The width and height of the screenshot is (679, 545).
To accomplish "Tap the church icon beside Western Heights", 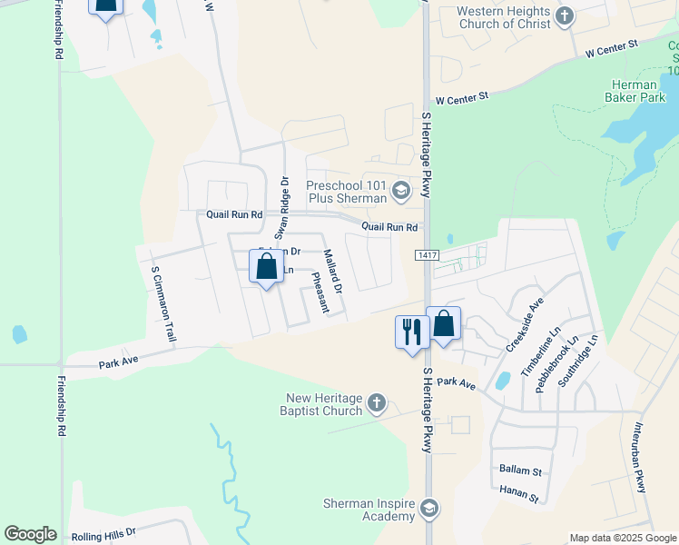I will (565, 15).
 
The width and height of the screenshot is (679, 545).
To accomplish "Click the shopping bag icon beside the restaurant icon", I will (444, 323).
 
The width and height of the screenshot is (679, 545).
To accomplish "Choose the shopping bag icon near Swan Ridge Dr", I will (266, 268).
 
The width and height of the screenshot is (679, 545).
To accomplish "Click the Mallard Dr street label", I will (333, 271).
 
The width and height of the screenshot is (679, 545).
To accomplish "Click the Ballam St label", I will (520, 471).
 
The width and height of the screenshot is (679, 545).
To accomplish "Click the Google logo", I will (30, 534).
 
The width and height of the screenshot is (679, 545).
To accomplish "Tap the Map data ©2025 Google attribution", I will (622, 538).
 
